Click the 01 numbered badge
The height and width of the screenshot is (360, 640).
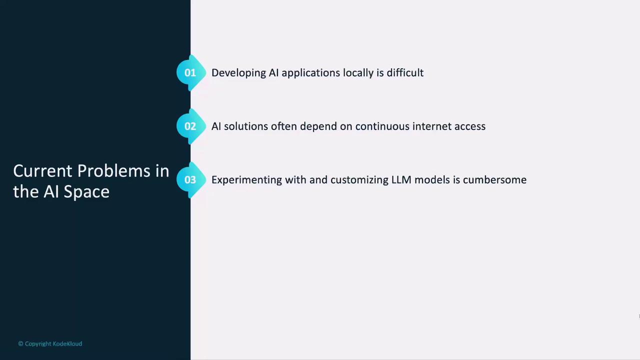[x=191, y=72]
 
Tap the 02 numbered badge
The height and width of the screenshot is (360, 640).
[x=191, y=126]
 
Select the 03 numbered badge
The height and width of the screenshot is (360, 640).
[x=191, y=179]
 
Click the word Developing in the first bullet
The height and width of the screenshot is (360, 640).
[x=238, y=73]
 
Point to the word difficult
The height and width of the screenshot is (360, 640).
[x=405, y=72]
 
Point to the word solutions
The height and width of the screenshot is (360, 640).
[x=245, y=126]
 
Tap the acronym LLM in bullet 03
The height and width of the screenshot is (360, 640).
[x=401, y=179]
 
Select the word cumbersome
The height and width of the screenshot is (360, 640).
[x=494, y=179]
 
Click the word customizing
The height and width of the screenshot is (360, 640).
[x=359, y=180]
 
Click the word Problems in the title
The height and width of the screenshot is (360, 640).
[x=113, y=171]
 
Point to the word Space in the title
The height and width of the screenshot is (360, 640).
[x=86, y=192]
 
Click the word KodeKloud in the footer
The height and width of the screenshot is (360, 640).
[x=67, y=343]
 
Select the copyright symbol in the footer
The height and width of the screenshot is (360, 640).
[x=20, y=343]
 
